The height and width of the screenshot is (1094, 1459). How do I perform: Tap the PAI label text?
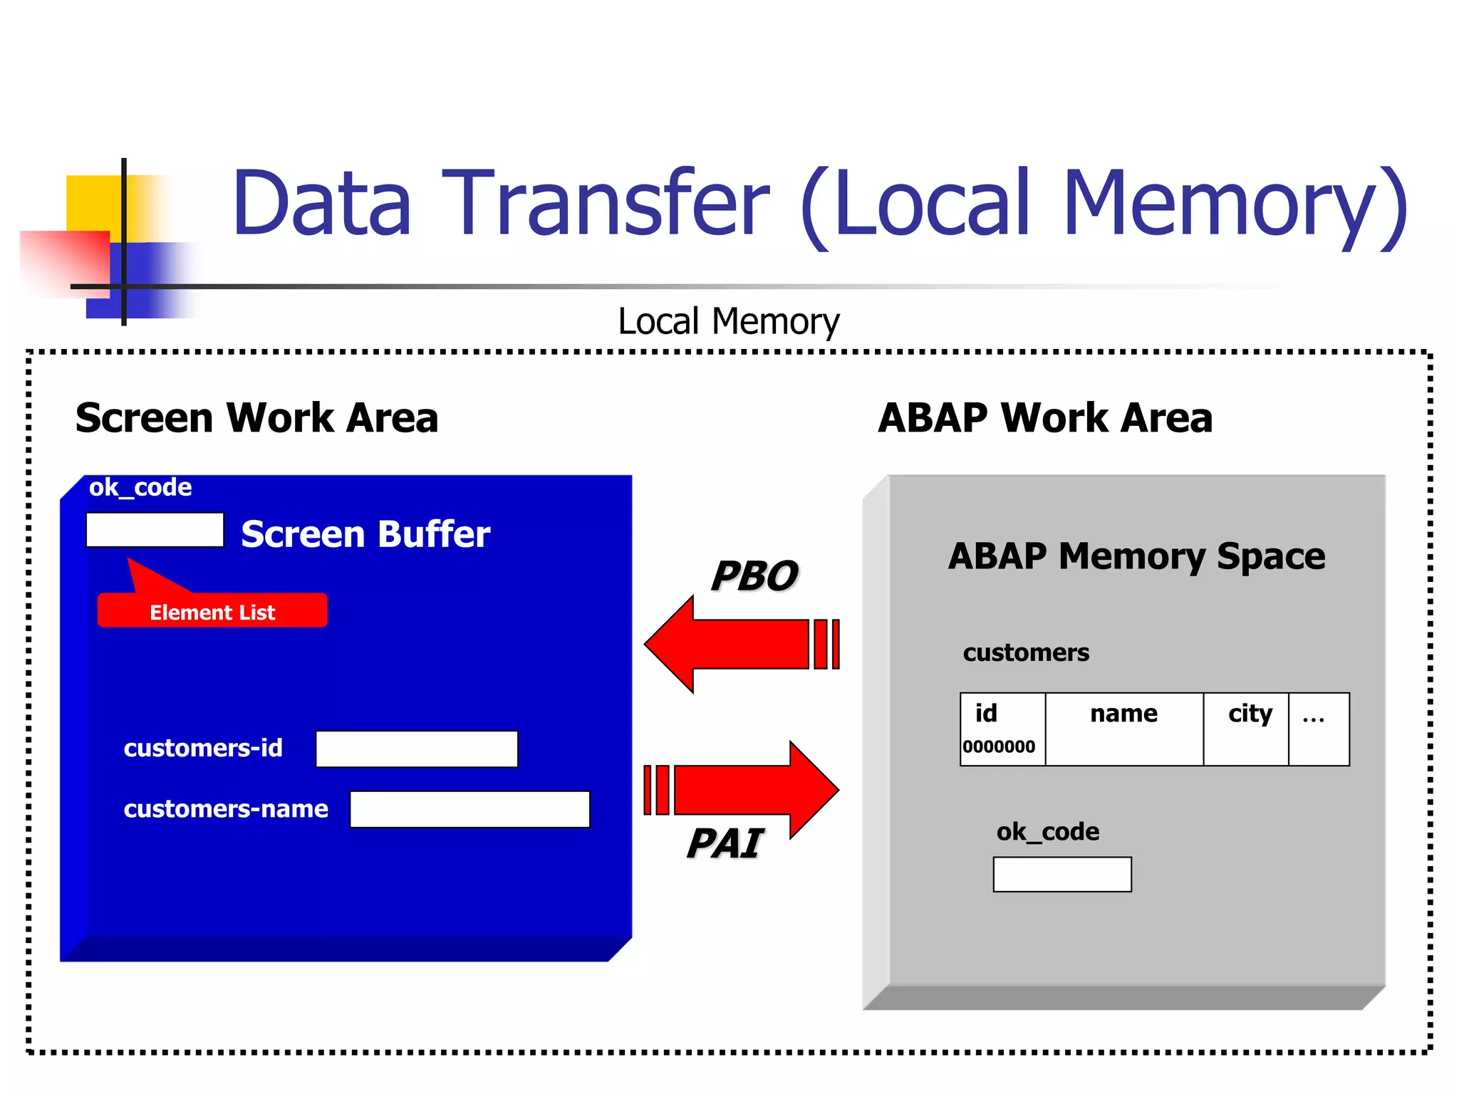[x=725, y=844]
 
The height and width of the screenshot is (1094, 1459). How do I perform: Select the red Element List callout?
[x=212, y=611]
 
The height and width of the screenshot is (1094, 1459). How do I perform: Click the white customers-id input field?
[x=417, y=749]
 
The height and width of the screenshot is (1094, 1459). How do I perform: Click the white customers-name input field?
[x=469, y=809]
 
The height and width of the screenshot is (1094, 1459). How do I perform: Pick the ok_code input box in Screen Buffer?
[x=155, y=530]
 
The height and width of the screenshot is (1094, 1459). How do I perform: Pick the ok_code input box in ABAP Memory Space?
[x=1061, y=874]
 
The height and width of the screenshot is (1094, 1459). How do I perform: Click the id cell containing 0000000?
[x=1002, y=729]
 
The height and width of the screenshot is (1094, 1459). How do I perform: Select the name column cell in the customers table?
[x=1123, y=729]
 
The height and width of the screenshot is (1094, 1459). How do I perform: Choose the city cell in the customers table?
[x=1245, y=729]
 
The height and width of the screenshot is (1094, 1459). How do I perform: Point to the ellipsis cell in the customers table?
[x=1318, y=729]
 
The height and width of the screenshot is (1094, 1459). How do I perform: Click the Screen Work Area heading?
[x=256, y=417]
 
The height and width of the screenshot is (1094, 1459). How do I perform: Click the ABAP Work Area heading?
[x=1044, y=417]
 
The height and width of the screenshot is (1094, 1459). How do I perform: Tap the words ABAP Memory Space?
[x=1136, y=556]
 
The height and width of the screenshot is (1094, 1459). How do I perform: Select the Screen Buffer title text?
[x=365, y=534]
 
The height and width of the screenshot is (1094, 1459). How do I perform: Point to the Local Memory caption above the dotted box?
[x=728, y=321]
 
